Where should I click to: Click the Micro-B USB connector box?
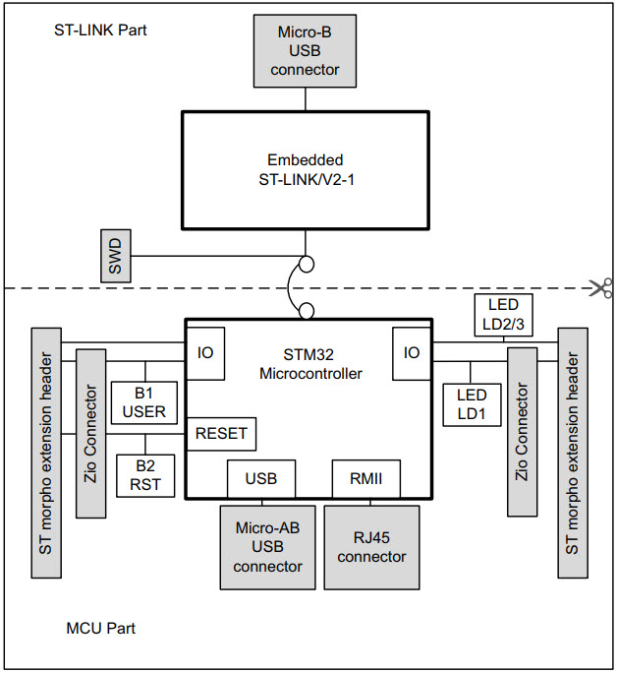pos(305,49)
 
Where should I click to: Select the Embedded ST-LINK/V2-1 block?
pos(305,169)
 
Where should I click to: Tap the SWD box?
pos(115,256)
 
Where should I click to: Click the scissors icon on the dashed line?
pos(598,287)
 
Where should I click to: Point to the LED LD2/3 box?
pos(503,315)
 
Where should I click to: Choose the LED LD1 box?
pos(472,404)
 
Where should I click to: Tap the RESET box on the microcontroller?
pos(221,433)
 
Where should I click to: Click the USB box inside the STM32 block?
pos(260,479)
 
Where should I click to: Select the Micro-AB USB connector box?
pos(268,547)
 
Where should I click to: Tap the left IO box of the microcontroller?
pos(205,351)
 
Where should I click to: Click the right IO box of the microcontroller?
pos(411,351)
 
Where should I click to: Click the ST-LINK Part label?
pos(100,30)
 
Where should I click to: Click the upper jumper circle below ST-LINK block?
pos(307,264)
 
